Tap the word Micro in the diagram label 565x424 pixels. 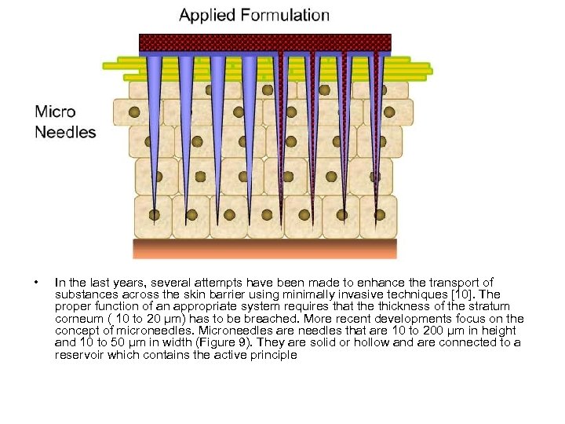pyautogui.click(x=55, y=111)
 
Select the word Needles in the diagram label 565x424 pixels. pyautogui.click(x=65, y=132)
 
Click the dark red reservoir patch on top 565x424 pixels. pyautogui.click(x=264, y=42)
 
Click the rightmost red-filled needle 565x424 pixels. pyautogui.click(x=376, y=126)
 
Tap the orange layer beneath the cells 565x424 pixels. pyautogui.click(x=264, y=249)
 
